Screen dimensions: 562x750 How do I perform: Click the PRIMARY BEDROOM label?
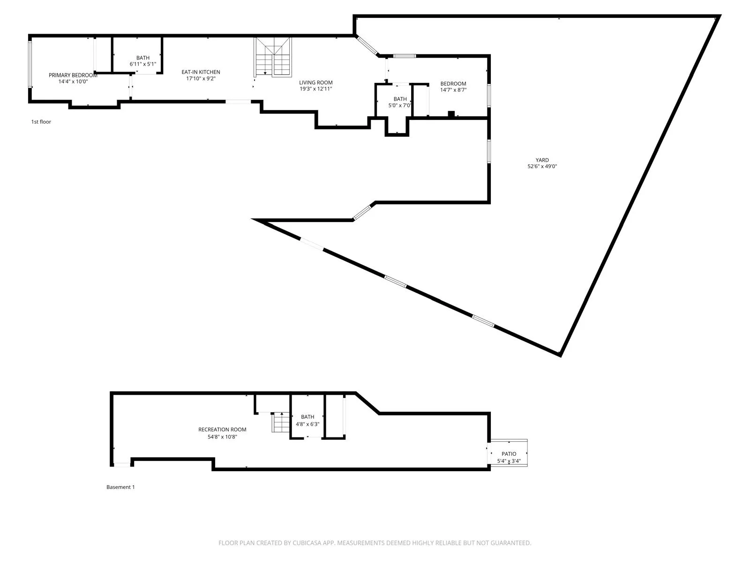coord(73,75)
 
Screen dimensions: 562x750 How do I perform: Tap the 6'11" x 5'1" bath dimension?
coord(143,64)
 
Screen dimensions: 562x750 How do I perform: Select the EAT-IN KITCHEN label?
coord(201,72)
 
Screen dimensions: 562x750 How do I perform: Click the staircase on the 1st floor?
coord(273,57)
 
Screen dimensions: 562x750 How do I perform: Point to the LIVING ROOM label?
coord(316,82)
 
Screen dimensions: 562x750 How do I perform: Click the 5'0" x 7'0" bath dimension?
coord(400,105)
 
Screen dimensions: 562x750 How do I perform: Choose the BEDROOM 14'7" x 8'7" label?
coord(453,84)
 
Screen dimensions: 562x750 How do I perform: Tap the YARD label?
coord(542,160)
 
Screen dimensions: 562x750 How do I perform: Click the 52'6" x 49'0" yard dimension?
coord(542,167)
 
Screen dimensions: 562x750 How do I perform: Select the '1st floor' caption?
coord(41,122)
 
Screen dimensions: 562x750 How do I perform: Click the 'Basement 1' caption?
coord(120,487)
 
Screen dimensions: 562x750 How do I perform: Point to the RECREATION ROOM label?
coord(222,429)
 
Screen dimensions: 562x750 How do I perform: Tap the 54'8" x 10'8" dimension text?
coord(222,436)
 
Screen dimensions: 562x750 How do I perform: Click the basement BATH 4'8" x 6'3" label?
coord(307,417)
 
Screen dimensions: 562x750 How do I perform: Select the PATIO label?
coord(509,454)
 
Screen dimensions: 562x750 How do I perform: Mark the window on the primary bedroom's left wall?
coord(30,64)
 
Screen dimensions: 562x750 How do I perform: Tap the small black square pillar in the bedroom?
coord(451,113)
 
